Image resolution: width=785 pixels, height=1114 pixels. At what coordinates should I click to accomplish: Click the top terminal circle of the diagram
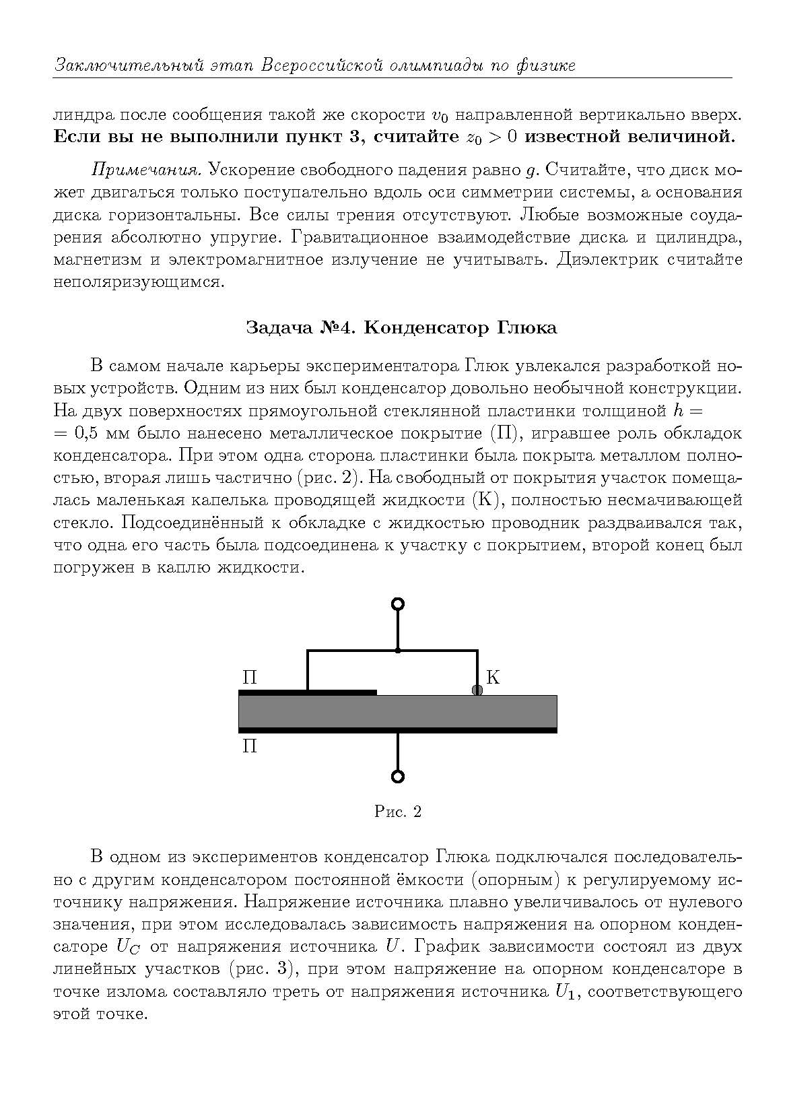tap(398, 603)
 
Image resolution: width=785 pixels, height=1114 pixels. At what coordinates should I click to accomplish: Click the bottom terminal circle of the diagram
tap(398, 776)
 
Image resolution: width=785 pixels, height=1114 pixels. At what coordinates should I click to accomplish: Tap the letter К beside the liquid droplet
tap(493, 678)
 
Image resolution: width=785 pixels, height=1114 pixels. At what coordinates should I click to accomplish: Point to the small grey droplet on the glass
tap(477, 690)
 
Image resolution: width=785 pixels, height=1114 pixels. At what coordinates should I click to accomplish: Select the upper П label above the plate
tap(249, 678)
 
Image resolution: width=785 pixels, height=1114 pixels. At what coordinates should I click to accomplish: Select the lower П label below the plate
tap(249, 746)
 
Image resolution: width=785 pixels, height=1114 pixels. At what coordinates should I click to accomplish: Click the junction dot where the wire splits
tap(398, 651)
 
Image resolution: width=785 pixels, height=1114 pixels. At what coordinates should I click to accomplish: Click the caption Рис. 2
tap(398, 812)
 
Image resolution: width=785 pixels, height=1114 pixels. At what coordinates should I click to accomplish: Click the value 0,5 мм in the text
tap(100, 432)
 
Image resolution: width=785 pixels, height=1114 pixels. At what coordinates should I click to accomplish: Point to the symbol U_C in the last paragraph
tap(129, 947)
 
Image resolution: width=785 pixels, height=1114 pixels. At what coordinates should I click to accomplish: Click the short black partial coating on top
tap(308, 692)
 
